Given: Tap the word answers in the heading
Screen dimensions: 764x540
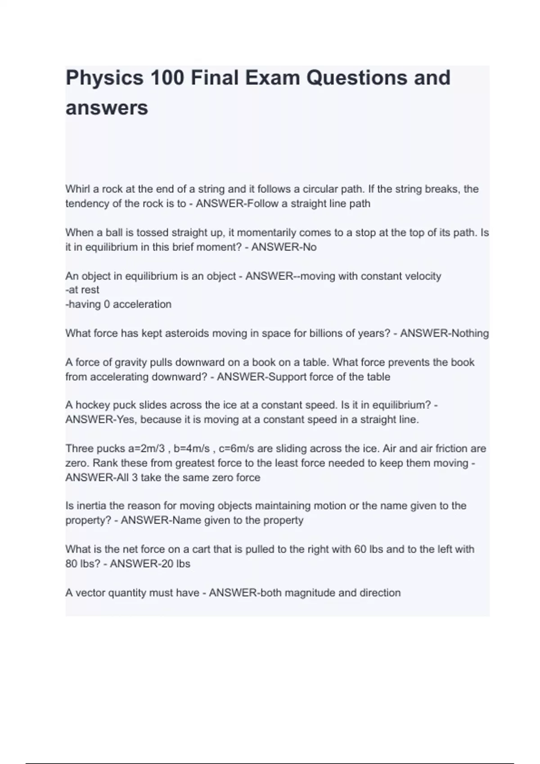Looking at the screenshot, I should click(107, 108).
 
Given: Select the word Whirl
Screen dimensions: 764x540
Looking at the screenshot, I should click(77, 189).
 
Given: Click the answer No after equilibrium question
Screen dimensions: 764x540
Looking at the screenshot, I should click(310, 247).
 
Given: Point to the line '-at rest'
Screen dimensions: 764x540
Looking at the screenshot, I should click(82, 290).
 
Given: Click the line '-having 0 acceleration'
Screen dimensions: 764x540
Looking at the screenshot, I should click(118, 304).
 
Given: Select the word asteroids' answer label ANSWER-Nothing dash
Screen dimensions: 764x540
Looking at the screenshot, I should click(396, 333).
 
